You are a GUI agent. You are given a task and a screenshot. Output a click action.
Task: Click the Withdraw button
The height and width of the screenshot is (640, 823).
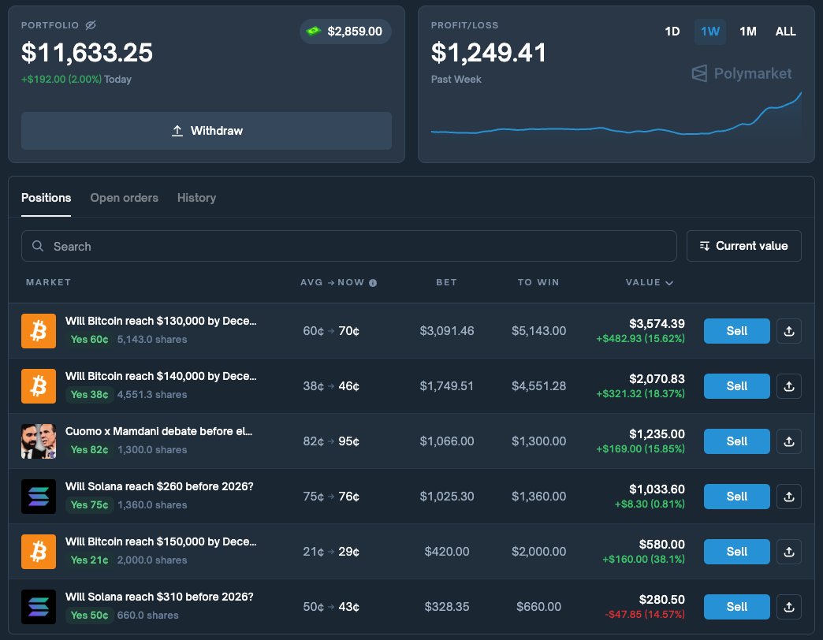click(x=207, y=131)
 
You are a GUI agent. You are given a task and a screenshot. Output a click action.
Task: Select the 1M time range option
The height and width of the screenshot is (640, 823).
click(x=747, y=32)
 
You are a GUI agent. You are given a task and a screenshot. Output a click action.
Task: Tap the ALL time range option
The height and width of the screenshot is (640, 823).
click(x=785, y=32)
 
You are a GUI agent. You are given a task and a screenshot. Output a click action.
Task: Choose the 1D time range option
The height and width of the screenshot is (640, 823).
click(x=672, y=32)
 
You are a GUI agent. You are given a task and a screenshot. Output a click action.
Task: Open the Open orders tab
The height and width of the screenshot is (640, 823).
click(x=124, y=198)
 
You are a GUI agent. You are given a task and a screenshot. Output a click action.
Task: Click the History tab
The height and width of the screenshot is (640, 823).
click(x=196, y=198)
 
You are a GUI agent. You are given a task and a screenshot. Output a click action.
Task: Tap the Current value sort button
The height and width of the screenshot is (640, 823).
click(x=743, y=246)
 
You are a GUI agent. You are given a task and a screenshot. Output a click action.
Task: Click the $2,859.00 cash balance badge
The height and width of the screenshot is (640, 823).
click(x=345, y=32)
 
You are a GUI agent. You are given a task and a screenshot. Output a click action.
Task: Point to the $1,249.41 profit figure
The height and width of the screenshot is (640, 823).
click(x=489, y=53)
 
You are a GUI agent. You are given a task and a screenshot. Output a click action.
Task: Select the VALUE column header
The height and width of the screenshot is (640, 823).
click(x=649, y=282)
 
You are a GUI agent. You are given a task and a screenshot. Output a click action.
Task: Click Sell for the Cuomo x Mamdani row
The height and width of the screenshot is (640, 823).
click(x=736, y=441)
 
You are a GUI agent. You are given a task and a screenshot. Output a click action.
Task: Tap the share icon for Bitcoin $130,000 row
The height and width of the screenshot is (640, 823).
click(x=788, y=331)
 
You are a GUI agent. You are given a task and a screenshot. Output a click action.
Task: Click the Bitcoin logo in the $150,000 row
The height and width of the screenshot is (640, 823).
click(x=39, y=552)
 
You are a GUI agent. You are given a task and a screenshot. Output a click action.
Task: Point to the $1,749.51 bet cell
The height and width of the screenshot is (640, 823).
click(x=447, y=386)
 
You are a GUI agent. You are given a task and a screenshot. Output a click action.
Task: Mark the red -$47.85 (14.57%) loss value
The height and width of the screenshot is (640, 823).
click(x=645, y=614)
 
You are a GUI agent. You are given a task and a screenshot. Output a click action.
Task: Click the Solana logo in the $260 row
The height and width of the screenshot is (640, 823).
click(x=39, y=497)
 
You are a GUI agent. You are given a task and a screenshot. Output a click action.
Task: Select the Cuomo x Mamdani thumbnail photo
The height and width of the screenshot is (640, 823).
click(x=39, y=441)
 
